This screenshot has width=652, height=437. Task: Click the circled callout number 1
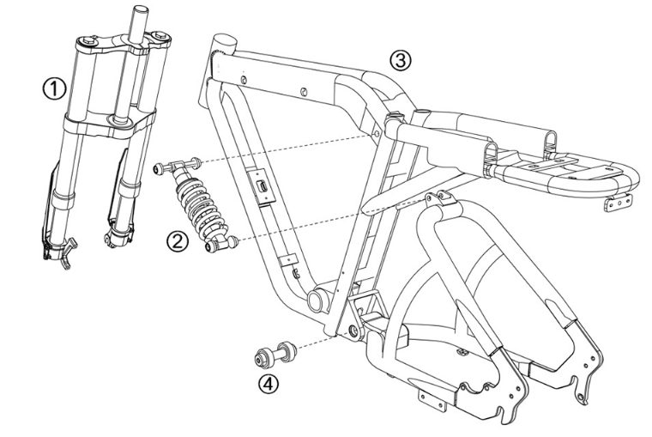[54, 87]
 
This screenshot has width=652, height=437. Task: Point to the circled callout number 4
[269, 382]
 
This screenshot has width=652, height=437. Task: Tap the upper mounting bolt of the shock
[177, 167]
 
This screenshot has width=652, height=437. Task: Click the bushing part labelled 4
[273, 353]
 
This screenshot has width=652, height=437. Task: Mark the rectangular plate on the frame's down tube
[261, 187]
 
